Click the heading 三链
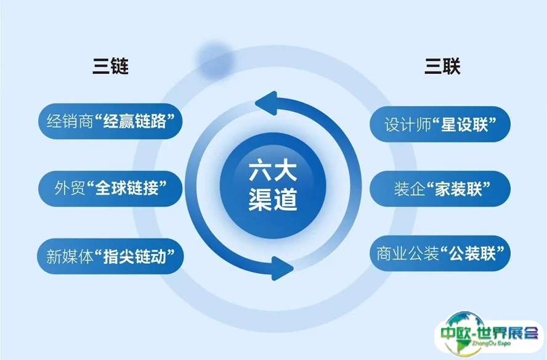point(111,65)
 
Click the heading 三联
point(442,65)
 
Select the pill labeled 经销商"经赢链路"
point(110,121)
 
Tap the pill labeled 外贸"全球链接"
point(110,189)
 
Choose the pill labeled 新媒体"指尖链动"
point(110,256)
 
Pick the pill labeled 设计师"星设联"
point(440,124)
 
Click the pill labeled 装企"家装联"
point(440,189)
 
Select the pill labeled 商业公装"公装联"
point(440,253)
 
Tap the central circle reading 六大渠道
point(273,186)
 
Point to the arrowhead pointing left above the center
point(266,103)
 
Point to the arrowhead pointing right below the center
point(282,268)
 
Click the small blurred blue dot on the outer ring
point(215,60)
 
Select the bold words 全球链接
point(127,189)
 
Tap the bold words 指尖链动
point(134,256)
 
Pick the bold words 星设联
point(464,124)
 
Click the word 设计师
point(408,125)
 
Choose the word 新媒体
point(70,256)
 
